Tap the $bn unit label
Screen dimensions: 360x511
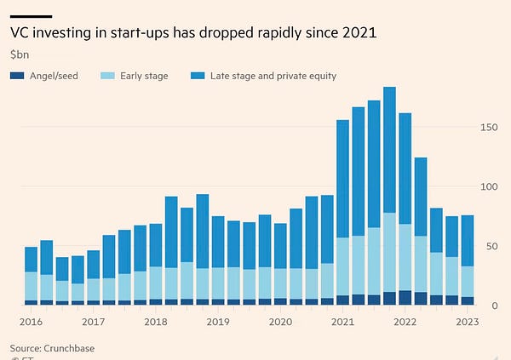click(x=20, y=54)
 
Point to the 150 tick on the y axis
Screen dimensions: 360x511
click(x=488, y=127)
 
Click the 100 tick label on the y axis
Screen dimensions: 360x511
click(x=488, y=186)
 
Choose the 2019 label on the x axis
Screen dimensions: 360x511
click(x=218, y=322)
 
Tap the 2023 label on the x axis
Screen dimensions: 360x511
click(x=467, y=322)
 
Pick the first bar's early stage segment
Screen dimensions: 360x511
click(x=31, y=286)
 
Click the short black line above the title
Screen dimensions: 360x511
click(x=31, y=16)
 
